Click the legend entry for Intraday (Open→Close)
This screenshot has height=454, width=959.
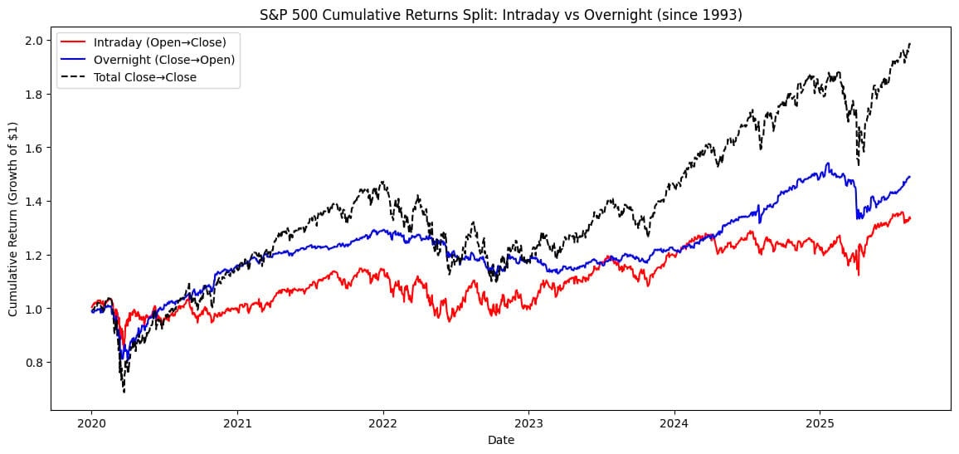(x=147, y=41)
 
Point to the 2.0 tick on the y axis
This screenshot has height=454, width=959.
(x=34, y=41)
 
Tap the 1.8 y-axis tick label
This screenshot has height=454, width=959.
(x=34, y=95)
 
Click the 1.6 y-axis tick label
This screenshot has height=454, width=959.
(x=34, y=148)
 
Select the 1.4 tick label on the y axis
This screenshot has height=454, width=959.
(x=34, y=202)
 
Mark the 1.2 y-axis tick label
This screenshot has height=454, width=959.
(x=34, y=255)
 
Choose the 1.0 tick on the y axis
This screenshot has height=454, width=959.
(x=34, y=309)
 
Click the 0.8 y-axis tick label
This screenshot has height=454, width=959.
(x=34, y=363)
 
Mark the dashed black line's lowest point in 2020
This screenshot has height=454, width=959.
(x=124, y=391)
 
